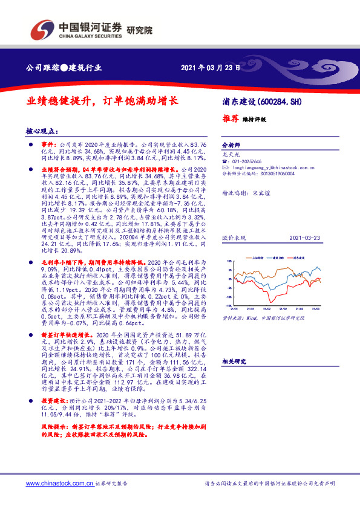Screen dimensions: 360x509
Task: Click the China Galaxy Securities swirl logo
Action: (41, 30)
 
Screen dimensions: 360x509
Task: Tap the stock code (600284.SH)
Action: (279, 101)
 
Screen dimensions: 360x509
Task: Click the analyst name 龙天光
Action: (227, 155)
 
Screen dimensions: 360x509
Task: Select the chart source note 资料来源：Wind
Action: (239, 316)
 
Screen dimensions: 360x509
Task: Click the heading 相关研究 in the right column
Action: (233, 361)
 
